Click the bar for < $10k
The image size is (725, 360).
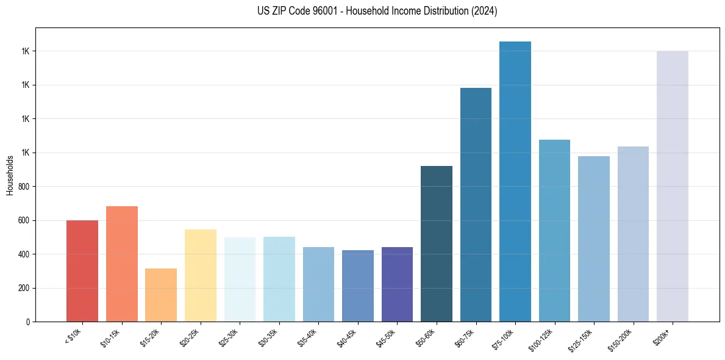pyautogui.click(x=82, y=271)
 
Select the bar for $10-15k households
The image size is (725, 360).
pyautogui.click(x=121, y=264)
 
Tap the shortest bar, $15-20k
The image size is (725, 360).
pyautogui.click(x=161, y=295)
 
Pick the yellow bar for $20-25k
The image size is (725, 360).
pyautogui.click(x=200, y=275)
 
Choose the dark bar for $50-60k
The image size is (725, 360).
pyautogui.click(x=437, y=243)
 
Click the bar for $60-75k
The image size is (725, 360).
pyautogui.click(x=476, y=204)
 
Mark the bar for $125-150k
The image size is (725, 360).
pyautogui.click(x=594, y=239)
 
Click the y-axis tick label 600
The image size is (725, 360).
pyautogui.click(x=24, y=220)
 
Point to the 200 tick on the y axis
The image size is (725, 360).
pyautogui.click(x=24, y=288)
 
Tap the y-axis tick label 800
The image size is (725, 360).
pyautogui.click(x=24, y=187)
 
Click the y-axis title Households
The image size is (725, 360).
pyautogui.click(x=10, y=175)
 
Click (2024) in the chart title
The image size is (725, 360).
pyautogui.click(x=484, y=11)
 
